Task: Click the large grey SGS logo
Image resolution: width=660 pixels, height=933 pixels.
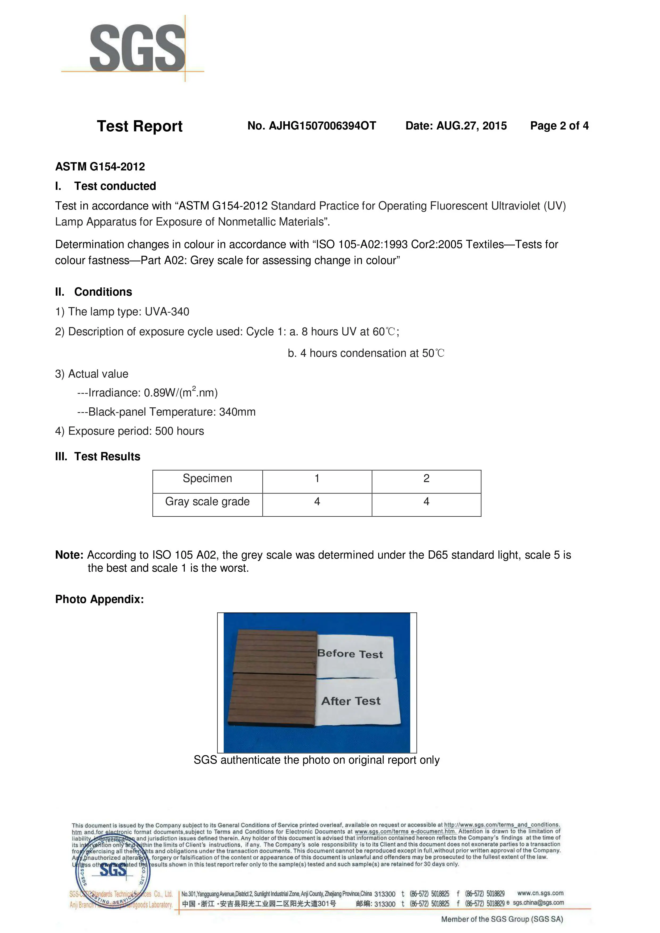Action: pyautogui.click(x=138, y=48)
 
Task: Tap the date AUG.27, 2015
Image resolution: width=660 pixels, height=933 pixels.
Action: pyautogui.click(x=471, y=126)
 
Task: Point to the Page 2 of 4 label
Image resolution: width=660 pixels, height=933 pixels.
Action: pyautogui.click(x=559, y=126)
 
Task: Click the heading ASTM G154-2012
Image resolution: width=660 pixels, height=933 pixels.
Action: pyautogui.click(x=100, y=167)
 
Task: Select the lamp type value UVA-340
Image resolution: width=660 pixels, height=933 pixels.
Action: pyautogui.click(x=167, y=312)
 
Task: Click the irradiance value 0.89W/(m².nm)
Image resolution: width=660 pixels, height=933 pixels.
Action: pyautogui.click(x=181, y=392)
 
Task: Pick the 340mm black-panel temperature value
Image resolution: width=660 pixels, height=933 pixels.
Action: pyautogui.click(x=237, y=412)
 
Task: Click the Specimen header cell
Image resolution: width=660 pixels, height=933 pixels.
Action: pyautogui.click(x=207, y=479)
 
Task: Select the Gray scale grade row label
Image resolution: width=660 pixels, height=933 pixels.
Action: pyautogui.click(x=207, y=502)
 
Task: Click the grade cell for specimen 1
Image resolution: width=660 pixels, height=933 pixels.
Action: pyautogui.click(x=317, y=502)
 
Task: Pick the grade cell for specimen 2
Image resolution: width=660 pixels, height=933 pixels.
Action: pyautogui.click(x=426, y=502)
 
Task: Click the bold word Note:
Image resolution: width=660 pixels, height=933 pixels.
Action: pyautogui.click(x=69, y=555)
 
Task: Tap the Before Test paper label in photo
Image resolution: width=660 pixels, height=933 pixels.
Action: pyautogui.click(x=351, y=654)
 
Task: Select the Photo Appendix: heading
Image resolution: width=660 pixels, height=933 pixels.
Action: pyautogui.click(x=100, y=599)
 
